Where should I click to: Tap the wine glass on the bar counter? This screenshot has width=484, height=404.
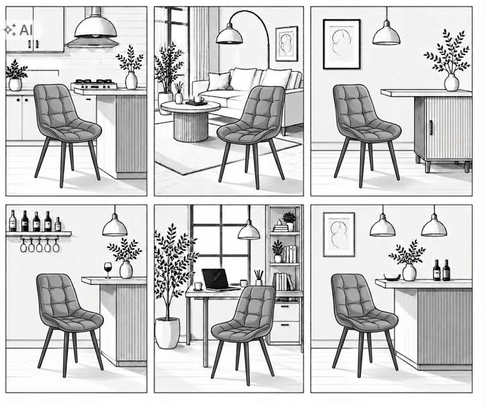tap(108, 270)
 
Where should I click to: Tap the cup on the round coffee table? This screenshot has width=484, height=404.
tap(198, 99)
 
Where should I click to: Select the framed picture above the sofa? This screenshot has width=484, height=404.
tap(286, 44)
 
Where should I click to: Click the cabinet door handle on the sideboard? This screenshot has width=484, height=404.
tap(431, 127)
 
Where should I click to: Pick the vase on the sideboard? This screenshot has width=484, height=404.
tap(451, 82)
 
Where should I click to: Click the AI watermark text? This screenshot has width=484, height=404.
tap(26, 30)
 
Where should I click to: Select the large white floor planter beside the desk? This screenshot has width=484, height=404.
tap(167, 333)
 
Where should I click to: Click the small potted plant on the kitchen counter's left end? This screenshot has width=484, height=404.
tap(15, 76)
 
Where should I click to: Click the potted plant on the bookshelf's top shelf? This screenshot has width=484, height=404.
tap(289, 221)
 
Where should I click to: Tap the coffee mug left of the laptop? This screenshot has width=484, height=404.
tap(198, 286)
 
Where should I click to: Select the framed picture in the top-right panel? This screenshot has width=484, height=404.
tap(341, 44)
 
